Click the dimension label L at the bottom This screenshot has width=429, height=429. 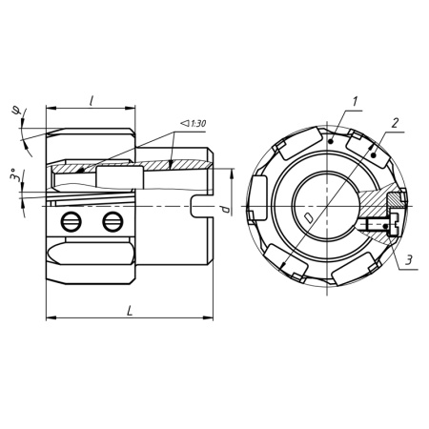point(130,311)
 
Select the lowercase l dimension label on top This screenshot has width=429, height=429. point(92,101)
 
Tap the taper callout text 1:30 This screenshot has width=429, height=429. point(197,123)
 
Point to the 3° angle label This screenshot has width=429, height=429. point(13,174)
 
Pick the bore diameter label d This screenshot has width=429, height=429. point(226,209)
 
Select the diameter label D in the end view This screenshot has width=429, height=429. point(308,217)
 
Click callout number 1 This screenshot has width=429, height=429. point(355,101)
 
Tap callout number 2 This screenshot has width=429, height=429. point(395,123)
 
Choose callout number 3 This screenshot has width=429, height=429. point(409,259)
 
